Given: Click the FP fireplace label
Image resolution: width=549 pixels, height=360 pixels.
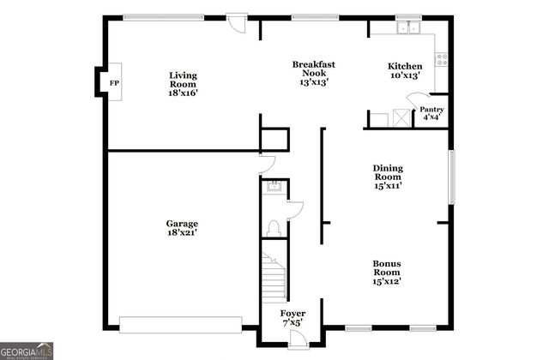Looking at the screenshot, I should pos(113,83).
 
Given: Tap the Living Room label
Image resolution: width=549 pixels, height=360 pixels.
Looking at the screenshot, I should pos(183,84).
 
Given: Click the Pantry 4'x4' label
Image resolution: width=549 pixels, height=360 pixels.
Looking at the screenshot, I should pos(431,113).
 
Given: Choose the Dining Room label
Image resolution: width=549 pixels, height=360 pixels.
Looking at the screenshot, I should pos(387,176).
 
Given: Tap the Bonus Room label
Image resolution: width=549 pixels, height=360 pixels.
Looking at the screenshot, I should pos(387,272).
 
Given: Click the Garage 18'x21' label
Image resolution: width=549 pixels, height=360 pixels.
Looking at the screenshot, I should pos(182,228).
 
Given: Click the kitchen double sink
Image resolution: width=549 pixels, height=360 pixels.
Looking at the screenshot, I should pos(407,28).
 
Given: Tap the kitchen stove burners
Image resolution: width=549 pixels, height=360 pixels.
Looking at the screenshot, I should pos(442,59).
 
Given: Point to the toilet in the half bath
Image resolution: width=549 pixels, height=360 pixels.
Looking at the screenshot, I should pos(274,227).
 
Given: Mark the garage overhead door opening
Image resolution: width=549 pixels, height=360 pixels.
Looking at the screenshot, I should pos(181,325).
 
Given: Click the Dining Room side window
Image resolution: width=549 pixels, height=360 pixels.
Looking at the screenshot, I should pos(450,177).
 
